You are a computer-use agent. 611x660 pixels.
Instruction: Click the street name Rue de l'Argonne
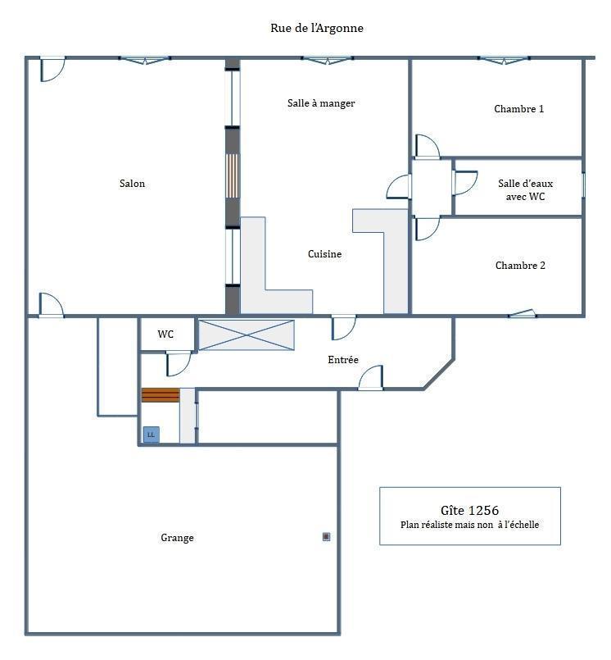coord(317,28)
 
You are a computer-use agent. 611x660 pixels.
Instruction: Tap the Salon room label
coord(132,184)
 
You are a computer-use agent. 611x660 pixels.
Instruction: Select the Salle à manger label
coord(321,103)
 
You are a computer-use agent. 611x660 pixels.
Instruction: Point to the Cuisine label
coord(324,254)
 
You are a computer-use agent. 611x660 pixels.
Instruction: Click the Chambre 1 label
coord(519,109)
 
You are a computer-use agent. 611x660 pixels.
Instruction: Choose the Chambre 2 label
coord(520,266)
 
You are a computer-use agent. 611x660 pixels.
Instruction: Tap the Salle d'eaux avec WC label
coord(525,190)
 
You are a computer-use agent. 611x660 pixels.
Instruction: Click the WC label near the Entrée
coord(165,335)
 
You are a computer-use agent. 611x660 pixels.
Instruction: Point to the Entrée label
coord(343,360)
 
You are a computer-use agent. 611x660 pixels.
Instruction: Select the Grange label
coord(177,538)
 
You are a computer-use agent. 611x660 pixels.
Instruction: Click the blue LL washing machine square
coord(151,435)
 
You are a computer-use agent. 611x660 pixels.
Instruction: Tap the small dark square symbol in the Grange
coord(326,537)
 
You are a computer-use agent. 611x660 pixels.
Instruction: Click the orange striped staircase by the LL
coord(161,395)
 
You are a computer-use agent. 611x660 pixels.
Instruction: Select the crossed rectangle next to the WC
coord(247,335)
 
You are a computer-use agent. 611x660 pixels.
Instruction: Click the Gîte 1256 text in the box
coord(469,511)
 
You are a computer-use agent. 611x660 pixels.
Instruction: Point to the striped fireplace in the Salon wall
coord(233,176)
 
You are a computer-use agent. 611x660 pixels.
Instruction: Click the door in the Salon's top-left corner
coord(52,69)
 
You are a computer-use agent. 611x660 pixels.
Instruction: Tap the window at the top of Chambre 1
coord(504,60)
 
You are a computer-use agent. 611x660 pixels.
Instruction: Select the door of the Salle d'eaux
coord(464,183)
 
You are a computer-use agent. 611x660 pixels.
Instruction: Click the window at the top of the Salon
coord(145,60)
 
